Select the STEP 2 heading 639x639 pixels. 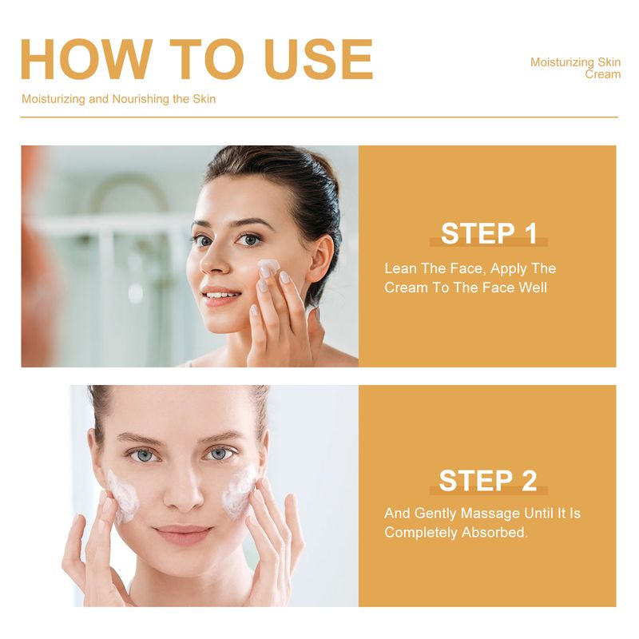487,481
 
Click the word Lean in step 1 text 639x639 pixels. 401,268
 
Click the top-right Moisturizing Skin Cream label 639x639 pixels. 575,68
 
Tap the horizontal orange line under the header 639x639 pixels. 319,117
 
